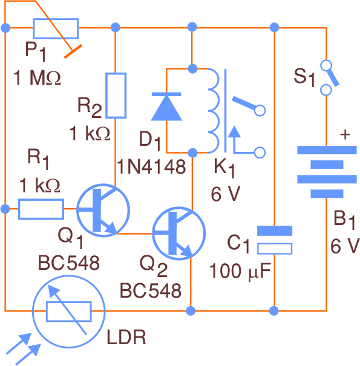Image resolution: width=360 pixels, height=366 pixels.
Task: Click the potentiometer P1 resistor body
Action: pos(56,28)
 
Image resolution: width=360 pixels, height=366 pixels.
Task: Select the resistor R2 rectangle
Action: pos(116,95)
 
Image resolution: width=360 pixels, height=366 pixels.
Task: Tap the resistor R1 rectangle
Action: pos(41,209)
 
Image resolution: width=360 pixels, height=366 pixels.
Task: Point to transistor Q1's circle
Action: pos(103,210)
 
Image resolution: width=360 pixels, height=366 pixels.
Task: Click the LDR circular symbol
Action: pos(68,312)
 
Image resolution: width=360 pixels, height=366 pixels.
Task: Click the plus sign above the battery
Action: pos(345,135)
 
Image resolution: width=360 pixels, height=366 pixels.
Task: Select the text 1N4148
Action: pos(151,167)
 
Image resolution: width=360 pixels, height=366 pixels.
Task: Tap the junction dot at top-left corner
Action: pos(6,27)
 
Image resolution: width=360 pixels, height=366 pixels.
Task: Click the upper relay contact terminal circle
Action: pos(261,111)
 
